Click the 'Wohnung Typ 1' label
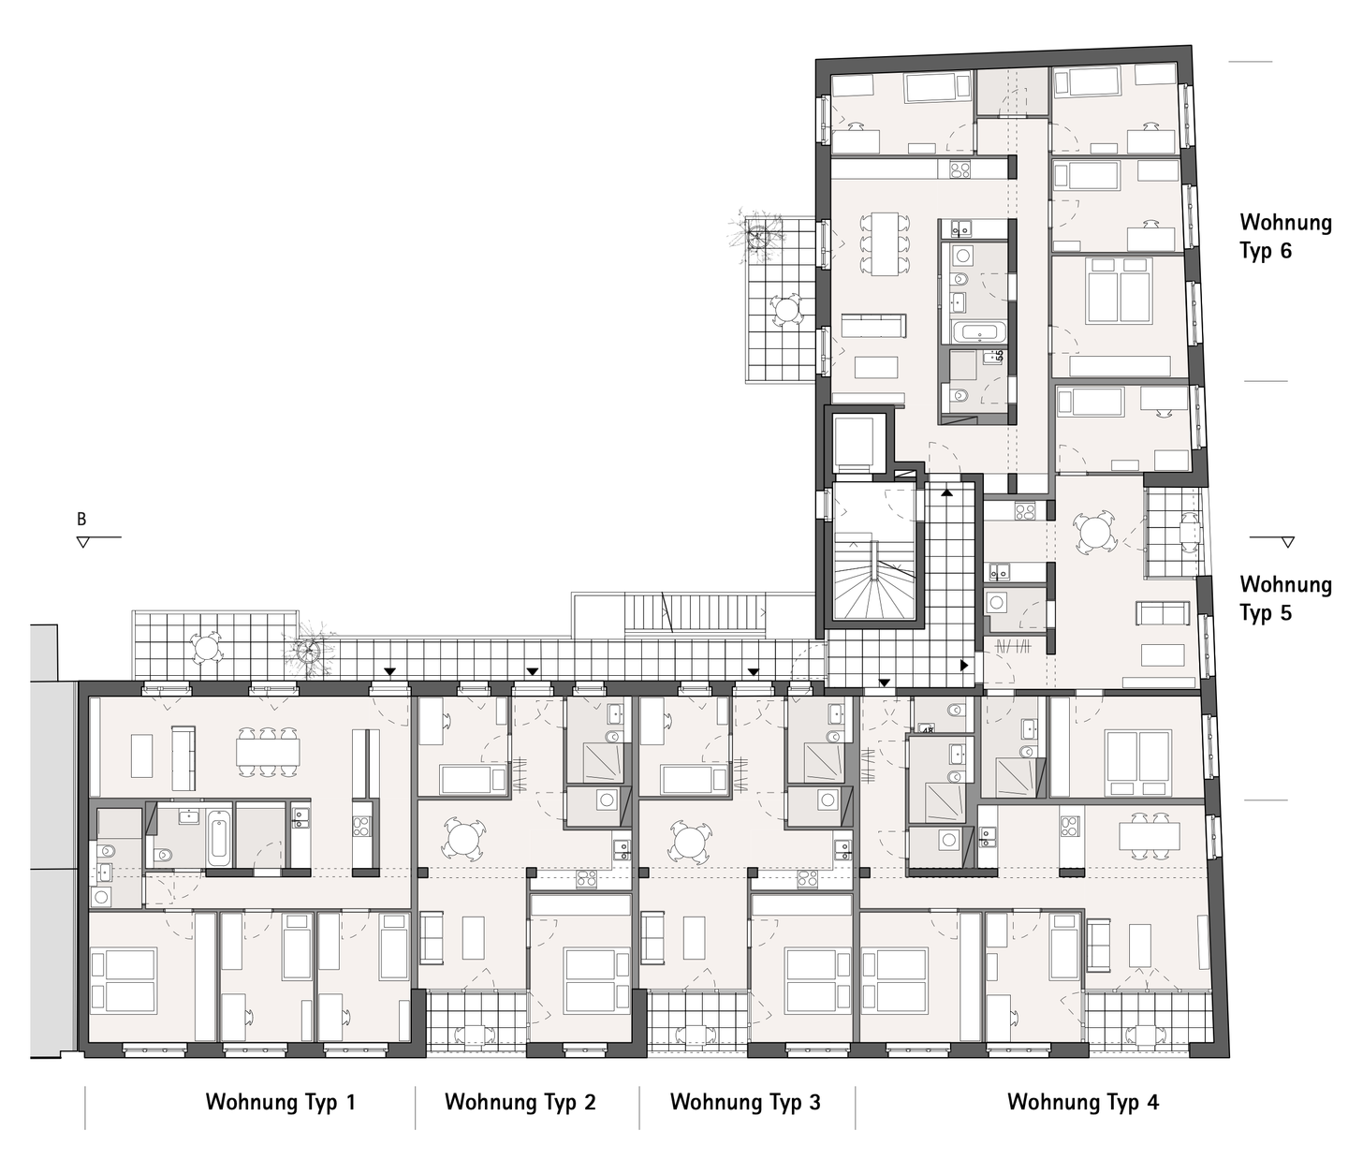[280, 1102]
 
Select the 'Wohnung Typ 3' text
[745, 1102]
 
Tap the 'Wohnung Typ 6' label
[1284, 236]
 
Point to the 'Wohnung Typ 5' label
[1284, 598]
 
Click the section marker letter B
[81, 520]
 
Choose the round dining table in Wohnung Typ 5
[1094, 535]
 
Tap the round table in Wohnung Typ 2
[464, 838]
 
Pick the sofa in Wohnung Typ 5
[1162, 614]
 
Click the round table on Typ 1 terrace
[205, 645]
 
